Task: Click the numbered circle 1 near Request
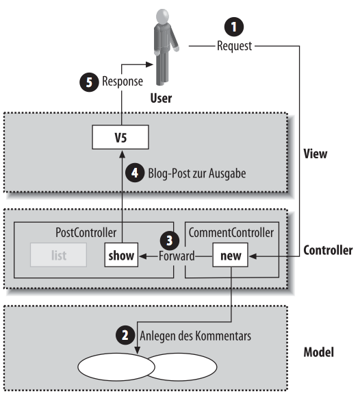point(234,27)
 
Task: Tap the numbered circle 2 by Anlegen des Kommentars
point(123,336)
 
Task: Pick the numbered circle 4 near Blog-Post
point(137,173)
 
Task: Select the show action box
point(122,257)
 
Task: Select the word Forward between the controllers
point(177,257)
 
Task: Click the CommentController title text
point(233,232)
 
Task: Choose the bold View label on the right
point(316,153)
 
